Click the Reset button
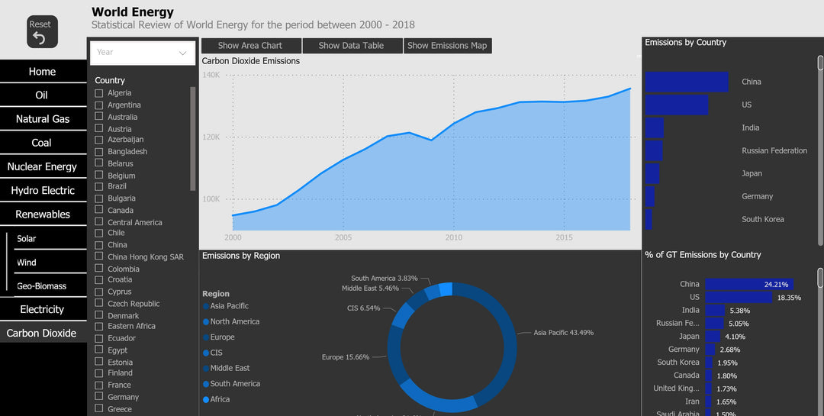click(42, 32)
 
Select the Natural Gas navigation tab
click(43, 119)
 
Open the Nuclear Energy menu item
click(43, 166)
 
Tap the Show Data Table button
click(351, 46)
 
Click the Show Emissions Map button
click(447, 46)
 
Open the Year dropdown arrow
click(182, 53)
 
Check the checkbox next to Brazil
click(98, 186)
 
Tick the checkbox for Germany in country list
click(98, 397)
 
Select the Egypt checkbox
click(98, 350)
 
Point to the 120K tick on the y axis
click(211, 137)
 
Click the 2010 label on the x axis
click(454, 237)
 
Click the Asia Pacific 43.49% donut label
click(563, 333)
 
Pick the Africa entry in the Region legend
click(220, 399)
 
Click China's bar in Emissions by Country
click(687, 82)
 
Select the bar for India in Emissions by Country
click(654, 127)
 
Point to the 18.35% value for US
click(789, 298)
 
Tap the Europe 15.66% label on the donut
click(345, 357)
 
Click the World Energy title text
click(133, 12)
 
